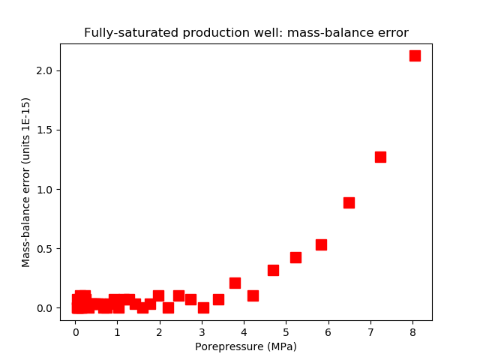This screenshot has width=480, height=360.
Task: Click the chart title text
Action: point(246,33)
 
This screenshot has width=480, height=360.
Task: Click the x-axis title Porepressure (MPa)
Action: point(246,346)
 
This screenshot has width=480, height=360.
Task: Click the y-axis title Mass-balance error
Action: point(26,182)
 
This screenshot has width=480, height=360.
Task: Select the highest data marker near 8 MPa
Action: point(415,55)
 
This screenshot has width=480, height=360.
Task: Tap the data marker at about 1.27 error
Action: point(380,157)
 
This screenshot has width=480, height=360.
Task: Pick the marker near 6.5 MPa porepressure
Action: point(349,202)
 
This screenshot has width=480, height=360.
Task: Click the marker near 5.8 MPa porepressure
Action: point(321,244)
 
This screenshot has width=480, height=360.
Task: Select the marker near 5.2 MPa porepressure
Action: point(295,257)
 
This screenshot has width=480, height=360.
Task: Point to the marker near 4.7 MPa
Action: point(273,270)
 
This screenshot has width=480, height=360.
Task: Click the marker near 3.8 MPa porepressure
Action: point(235,283)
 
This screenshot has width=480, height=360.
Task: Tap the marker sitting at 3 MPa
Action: point(203,307)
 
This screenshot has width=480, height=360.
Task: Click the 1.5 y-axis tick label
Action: point(48,130)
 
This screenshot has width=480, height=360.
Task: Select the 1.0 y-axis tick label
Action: point(48,189)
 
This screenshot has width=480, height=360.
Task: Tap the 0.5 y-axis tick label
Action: point(48,248)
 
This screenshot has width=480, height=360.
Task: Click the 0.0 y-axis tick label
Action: point(48,308)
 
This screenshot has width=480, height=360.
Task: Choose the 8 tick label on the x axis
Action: point(412,332)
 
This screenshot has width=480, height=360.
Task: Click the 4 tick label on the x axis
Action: point(244,332)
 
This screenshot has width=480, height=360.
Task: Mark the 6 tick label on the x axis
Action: point(328,332)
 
